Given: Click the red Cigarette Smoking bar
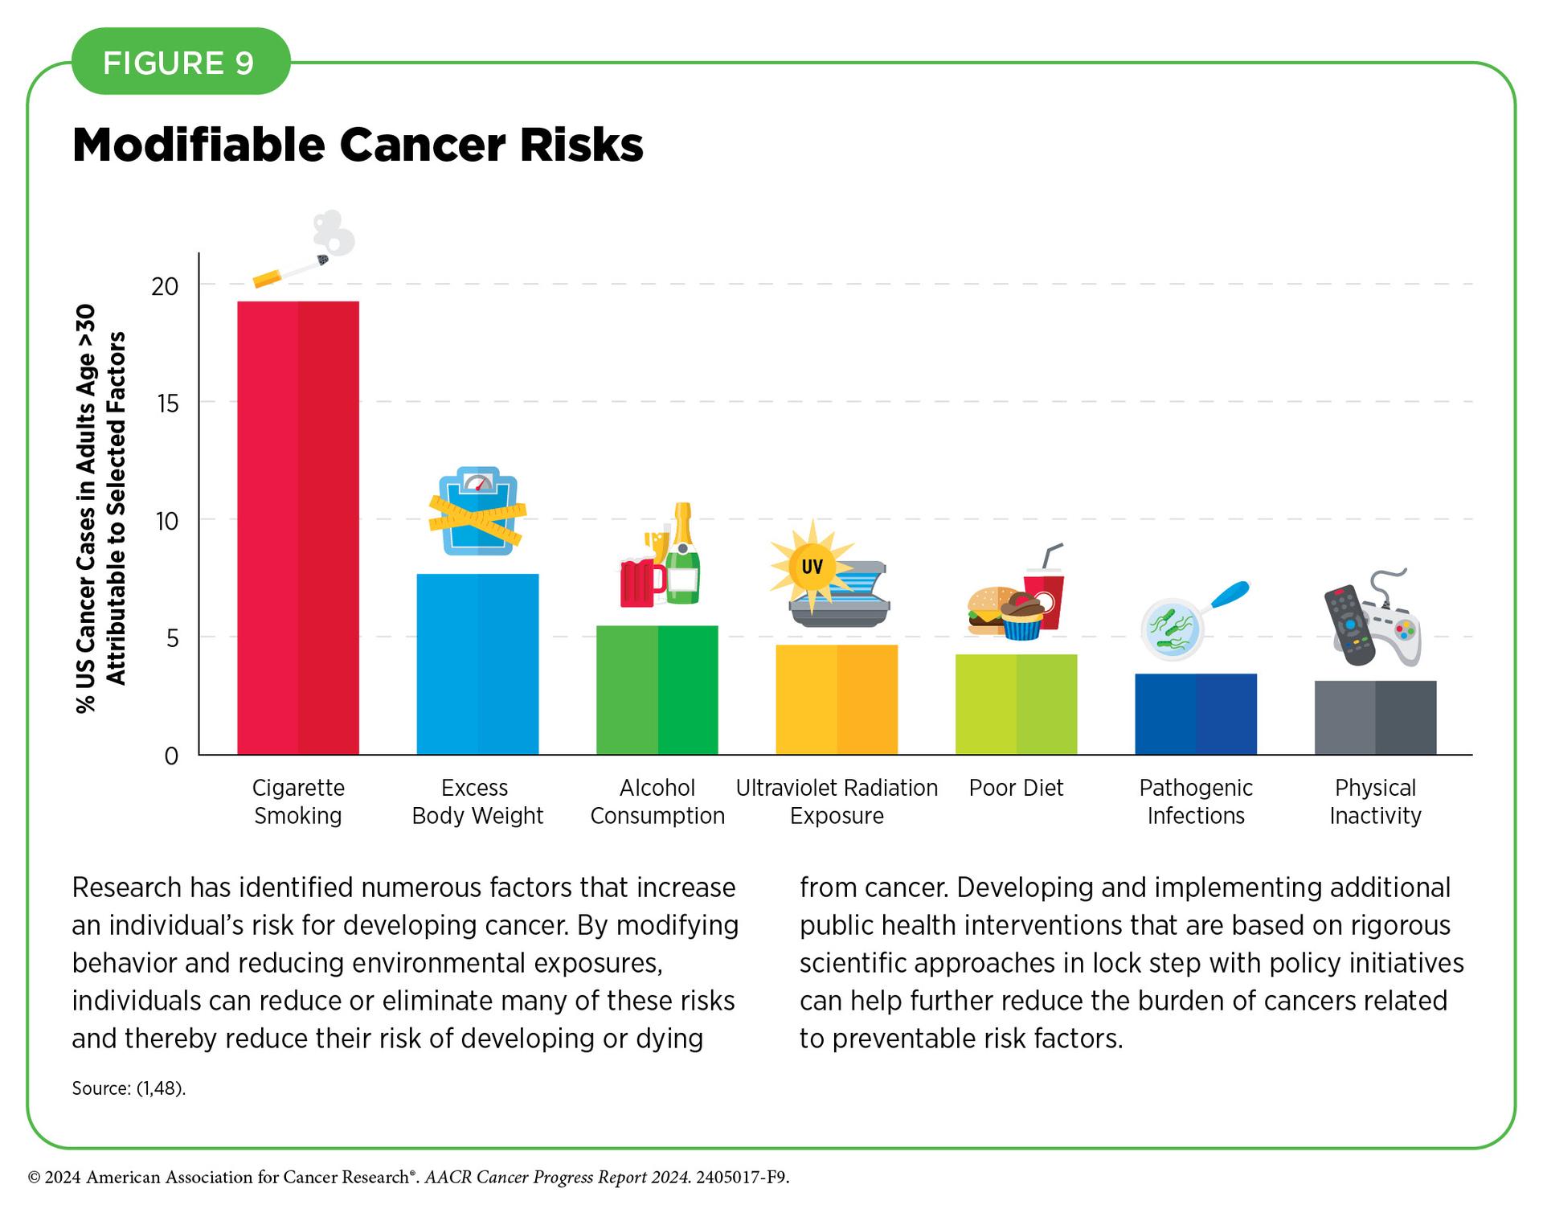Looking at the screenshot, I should pyautogui.click(x=298, y=527).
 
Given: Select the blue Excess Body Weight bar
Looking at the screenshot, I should pyautogui.click(x=477, y=664).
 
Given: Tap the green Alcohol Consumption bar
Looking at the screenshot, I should pyautogui.click(x=657, y=690).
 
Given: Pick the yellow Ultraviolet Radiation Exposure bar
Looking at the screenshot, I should pyautogui.click(x=837, y=699).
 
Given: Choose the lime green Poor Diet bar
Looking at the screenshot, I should pyautogui.click(x=1016, y=704).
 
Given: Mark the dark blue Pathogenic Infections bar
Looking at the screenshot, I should pyautogui.click(x=1196, y=714).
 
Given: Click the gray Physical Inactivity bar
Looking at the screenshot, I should pyautogui.click(x=1375, y=717).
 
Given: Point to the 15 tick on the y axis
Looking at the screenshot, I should pyautogui.click(x=168, y=403).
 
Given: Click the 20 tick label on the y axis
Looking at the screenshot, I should pyautogui.click(x=165, y=286).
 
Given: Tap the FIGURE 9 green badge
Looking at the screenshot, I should pyautogui.click(x=179, y=63).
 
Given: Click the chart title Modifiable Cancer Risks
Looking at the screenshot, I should pyautogui.click(x=358, y=145).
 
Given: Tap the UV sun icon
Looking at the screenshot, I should pyautogui.click(x=812, y=567).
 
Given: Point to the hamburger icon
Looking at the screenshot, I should pyautogui.click(x=987, y=611).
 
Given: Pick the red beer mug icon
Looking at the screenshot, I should pyautogui.click(x=641, y=583).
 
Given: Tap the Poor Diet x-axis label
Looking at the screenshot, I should pyautogui.click(x=1016, y=788).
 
